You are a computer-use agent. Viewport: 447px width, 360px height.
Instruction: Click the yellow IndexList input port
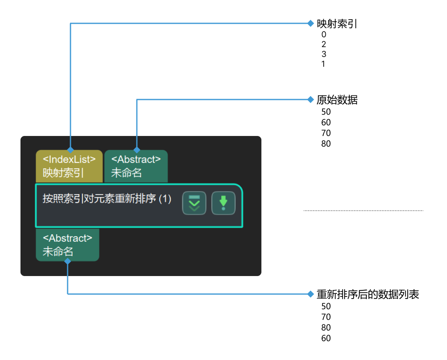click(x=69, y=166)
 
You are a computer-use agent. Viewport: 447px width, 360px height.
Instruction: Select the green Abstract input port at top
click(x=136, y=166)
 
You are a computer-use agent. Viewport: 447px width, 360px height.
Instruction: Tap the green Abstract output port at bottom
click(x=68, y=245)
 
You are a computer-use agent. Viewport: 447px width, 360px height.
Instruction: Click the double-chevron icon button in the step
click(x=194, y=203)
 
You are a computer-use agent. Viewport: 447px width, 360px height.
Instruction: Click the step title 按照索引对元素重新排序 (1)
click(x=107, y=199)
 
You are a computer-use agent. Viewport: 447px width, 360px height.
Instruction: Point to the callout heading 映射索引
click(x=337, y=24)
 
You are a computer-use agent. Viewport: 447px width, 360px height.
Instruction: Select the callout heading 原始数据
click(x=337, y=100)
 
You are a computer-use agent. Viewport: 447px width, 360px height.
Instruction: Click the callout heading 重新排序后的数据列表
click(x=368, y=294)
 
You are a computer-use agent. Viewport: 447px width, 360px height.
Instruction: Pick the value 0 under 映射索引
click(x=324, y=35)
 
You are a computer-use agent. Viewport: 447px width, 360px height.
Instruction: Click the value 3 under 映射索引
click(x=324, y=54)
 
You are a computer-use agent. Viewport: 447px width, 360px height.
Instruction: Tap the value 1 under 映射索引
click(x=323, y=64)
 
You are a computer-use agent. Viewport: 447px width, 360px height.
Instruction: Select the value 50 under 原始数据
click(x=326, y=112)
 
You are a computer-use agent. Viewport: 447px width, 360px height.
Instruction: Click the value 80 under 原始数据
click(x=326, y=144)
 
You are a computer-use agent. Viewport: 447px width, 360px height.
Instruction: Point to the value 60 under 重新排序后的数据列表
click(x=326, y=338)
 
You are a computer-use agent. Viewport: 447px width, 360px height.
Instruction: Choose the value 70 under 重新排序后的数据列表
click(x=326, y=317)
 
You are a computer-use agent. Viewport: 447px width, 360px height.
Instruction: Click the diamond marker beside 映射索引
click(x=311, y=23)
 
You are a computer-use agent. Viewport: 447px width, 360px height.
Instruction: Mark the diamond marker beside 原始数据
click(x=311, y=100)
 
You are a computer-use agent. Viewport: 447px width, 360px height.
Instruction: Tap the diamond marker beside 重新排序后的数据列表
click(x=311, y=294)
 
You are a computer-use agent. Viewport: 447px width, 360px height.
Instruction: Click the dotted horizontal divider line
click(x=363, y=211)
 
